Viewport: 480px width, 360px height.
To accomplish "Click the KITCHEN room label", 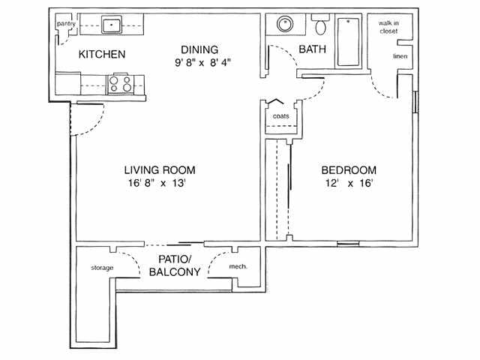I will tap(102, 55).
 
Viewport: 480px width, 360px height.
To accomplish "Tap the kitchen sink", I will tap(112, 25).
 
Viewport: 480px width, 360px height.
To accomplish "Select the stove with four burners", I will tap(121, 82).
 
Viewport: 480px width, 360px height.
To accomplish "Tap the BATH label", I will tap(311, 49).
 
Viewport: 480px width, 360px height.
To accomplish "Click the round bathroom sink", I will tap(286, 25).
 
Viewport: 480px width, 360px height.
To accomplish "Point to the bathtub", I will tap(348, 41).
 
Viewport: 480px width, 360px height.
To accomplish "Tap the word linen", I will tap(400, 56).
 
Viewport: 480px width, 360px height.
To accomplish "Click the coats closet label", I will tap(280, 116).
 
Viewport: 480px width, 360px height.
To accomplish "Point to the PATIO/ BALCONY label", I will tap(174, 265).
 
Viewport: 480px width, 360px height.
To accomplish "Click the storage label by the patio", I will tap(102, 267).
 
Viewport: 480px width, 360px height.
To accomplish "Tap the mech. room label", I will tap(238, 267).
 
